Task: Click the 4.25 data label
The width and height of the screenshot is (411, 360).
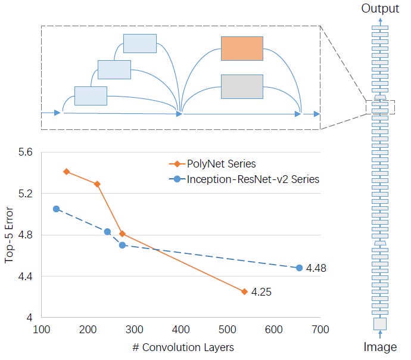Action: click(261, 292)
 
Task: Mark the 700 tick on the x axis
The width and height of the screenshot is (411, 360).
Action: click(320, 329)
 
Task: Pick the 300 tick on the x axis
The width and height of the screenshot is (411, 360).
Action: click(135, 329)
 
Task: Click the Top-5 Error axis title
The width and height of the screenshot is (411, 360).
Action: click(9, 235)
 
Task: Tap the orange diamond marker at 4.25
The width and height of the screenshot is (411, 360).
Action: click(244, 291)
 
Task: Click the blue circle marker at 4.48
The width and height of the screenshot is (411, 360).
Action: click(299, 268)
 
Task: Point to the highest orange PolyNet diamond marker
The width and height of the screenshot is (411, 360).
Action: click(67, 172)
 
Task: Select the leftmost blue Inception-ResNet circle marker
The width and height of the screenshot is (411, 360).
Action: click(56, 209)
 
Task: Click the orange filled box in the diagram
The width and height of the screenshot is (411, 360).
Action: click(242, 48)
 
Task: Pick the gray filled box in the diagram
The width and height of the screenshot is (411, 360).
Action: click(242, 86)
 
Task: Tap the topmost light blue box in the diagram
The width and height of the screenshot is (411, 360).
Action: click(140, 43)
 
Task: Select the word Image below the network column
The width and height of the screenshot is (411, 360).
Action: click(380, 347)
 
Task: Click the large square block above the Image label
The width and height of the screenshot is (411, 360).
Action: click(380, 324)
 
